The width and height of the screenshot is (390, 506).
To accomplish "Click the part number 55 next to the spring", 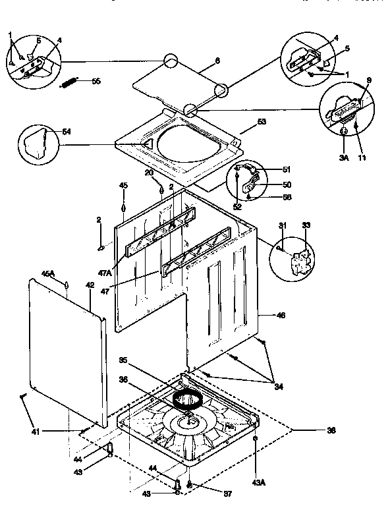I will pyautogui.click(x=96, y=81).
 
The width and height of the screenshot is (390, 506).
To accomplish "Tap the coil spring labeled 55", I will pyautogui.click(x=69, y=82).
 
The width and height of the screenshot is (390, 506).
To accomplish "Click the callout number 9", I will pyautogui.click(x=369, y=81).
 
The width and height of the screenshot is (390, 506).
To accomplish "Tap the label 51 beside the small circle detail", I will pyautogui.click(x=287, y=169).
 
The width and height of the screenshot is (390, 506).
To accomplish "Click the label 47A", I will pyautogui.click(x=105, y=272).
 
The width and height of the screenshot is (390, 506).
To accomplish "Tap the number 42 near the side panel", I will pyautogui.click(x=90, y=285).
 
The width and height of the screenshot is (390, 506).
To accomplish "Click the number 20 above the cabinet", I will pyautogui.click(x=148, y=173).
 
